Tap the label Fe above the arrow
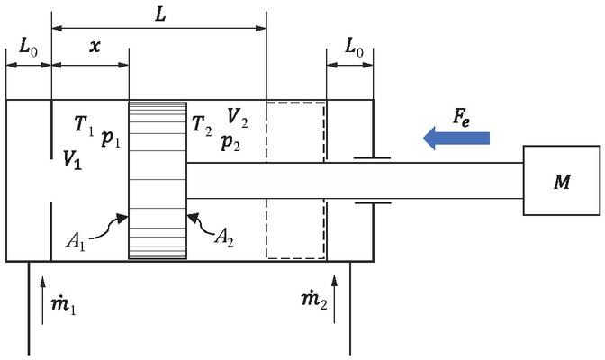click(462, 116)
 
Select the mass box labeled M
click(563, 182)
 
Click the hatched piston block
click(157, 180)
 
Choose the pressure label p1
click(112, 139)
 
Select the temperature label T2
click(203, 126)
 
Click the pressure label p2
click(232, 142)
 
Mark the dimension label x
click(94, 47)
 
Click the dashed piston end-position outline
click(296, 180)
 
